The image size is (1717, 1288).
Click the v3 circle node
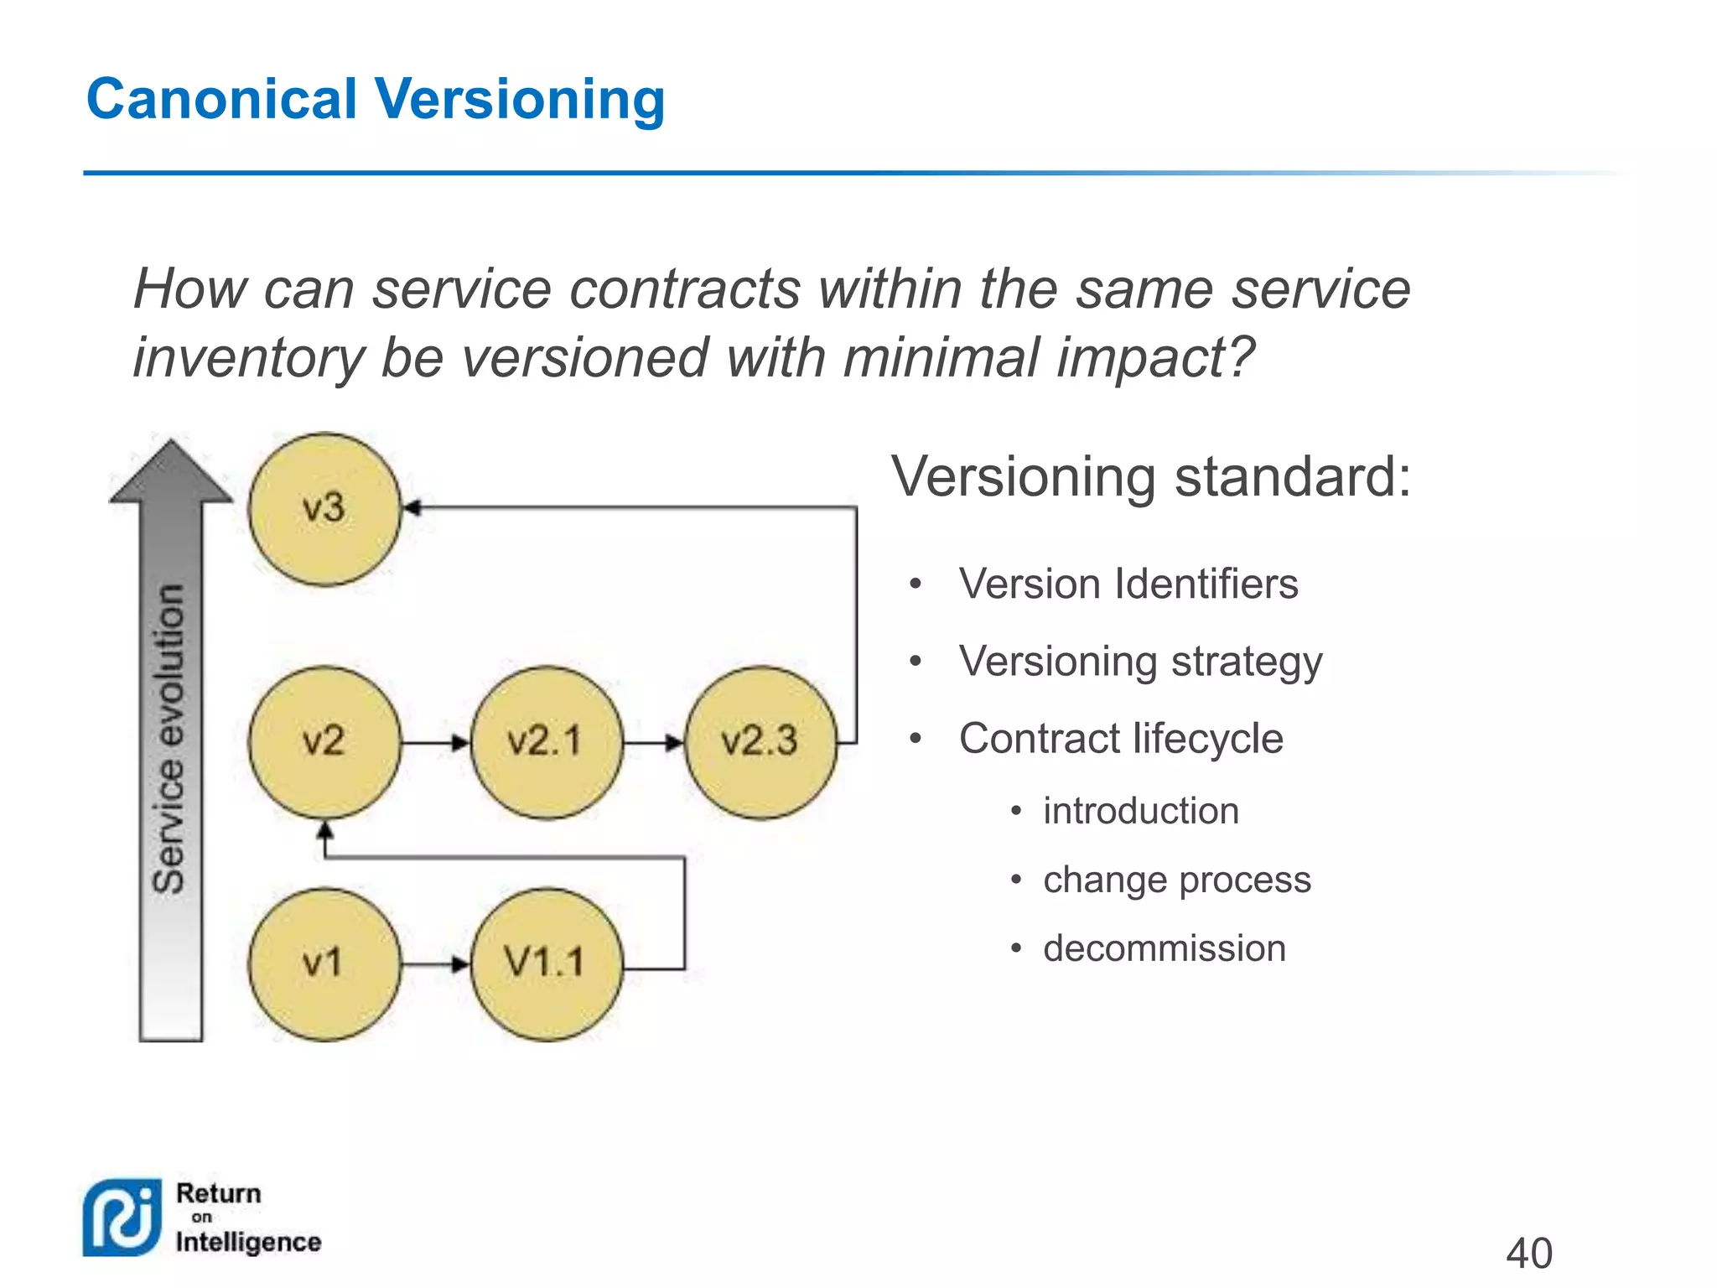pos(324,509)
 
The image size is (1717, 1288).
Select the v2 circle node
pos(324,742)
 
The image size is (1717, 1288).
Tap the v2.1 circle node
pos(547,742)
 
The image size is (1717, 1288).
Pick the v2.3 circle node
pos(760,742)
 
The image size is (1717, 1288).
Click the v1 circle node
pos(324,964)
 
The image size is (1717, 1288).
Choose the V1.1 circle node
pos(547,964)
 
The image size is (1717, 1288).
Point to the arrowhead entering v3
pos(412,508)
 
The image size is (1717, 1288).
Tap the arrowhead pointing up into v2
pos(325,831)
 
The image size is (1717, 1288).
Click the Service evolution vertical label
pos(170,738)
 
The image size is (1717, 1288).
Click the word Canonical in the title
pos(222,99)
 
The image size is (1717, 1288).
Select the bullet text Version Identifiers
pos(1128,584)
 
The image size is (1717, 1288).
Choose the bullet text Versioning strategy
pos(1140,662)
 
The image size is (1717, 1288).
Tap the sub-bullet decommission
pos(1164,948)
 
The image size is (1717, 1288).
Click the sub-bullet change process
pos(1176,880)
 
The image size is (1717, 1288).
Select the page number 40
pos(1529,1254)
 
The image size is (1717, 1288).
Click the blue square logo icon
pos(122,1218)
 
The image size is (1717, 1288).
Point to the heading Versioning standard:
pos(1150,476)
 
